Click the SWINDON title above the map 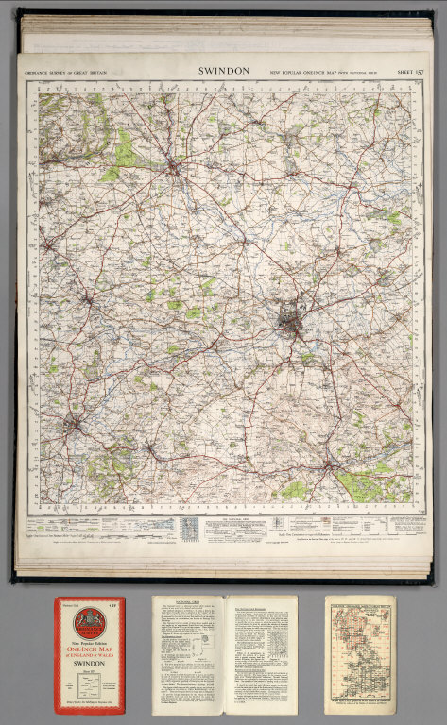(224, 71)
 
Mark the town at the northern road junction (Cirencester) (174, 169)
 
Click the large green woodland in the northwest (121, 151)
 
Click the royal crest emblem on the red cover (89, 619)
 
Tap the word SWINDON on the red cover (89, 664)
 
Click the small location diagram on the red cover (89, 686)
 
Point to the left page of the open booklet (188, 653)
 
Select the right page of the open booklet (260, 653)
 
